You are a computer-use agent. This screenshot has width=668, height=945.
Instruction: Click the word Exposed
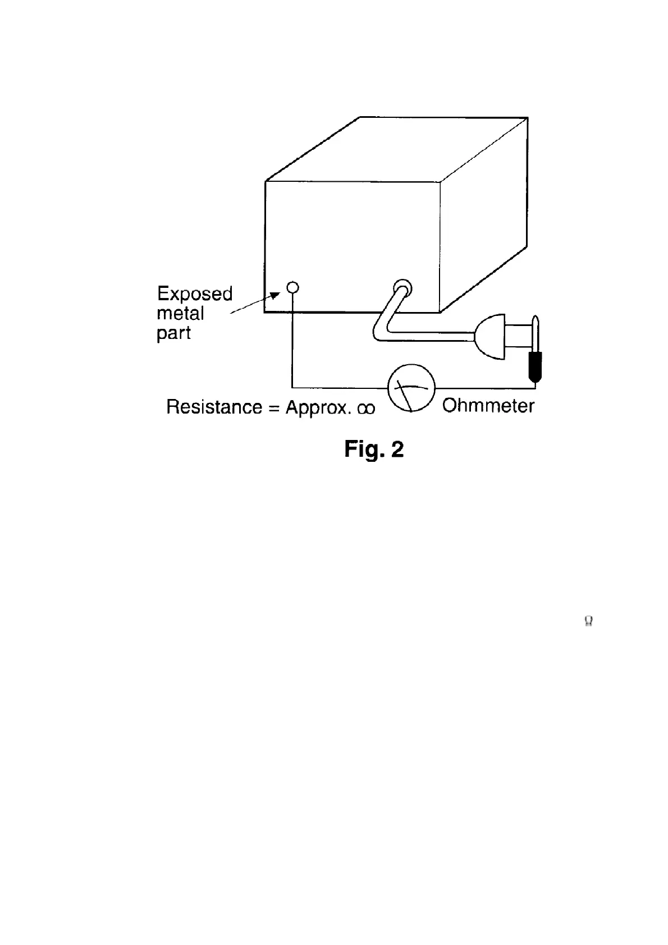(x=194, y=294)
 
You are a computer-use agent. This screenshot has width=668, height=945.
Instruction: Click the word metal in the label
(x=180, y=313)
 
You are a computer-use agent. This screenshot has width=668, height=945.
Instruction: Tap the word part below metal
(x=173, y=333)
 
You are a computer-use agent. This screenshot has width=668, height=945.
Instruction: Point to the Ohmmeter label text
(x=488, y=406)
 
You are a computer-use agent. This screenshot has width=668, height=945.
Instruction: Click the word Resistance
(x=214, y=407)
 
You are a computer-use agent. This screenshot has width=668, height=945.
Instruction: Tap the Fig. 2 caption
(x=374, y=449)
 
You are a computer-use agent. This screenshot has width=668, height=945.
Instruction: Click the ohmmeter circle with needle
(x=411, y=388)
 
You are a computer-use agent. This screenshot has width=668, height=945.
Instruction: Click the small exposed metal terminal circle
(x=292, y=288)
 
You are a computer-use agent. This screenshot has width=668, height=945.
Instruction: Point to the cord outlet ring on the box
(x=402, y=288)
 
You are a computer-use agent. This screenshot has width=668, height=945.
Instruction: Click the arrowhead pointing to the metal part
(x=275, y=295)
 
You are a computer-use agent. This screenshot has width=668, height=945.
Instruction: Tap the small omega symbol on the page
(x=588, y=621)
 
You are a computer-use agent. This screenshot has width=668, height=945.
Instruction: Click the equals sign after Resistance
(x=273, y=408)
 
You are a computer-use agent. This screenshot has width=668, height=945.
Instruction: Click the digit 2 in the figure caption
(x=397, y=449)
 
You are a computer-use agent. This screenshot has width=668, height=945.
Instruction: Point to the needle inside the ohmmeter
(x=406, y=392)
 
